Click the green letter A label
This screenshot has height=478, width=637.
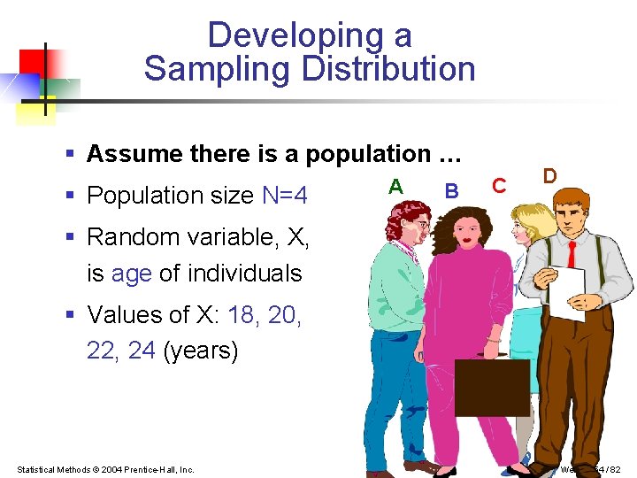tap(396, 186)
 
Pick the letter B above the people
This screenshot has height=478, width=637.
tap(451, 190)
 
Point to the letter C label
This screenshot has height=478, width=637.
tap(499, 185)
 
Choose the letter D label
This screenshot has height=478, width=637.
tap(549, 175)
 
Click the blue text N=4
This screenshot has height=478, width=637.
tap(285, 195)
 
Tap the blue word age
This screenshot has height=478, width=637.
tap(132, 274)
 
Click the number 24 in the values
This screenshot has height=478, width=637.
tap(142, 351)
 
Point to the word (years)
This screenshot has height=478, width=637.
tap(201, 351)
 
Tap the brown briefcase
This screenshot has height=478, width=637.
tap(492, 387)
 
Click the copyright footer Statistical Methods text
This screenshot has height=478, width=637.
tap(105, 469)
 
